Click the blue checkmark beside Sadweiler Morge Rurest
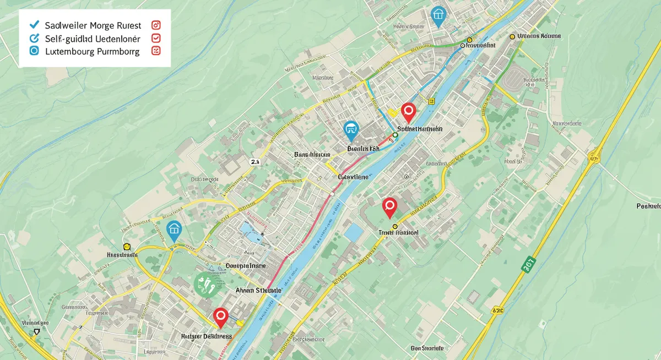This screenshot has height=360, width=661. pos(34,25)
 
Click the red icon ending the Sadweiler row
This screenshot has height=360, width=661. pos(155,25)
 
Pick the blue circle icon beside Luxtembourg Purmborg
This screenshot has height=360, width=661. pos(34,51)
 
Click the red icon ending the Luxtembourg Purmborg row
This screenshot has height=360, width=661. pos(155,51)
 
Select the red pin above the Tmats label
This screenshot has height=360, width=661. pos(389,207)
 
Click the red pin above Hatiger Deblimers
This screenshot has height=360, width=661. pos(221,317)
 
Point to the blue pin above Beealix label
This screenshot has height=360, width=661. pos(350,130)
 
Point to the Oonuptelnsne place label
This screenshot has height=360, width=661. pos(246,265)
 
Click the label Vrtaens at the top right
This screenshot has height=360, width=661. pos(539,36)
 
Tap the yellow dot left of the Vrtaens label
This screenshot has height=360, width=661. pos(512,36)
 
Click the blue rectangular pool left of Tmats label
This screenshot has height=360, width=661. pos(353,232)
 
